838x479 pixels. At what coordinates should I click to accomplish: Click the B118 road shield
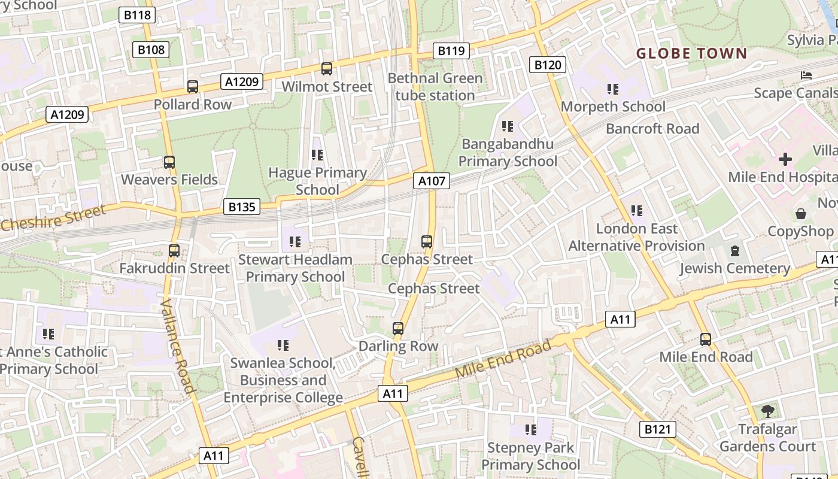coord(137,15)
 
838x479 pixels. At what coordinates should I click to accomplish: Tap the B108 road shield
coord(151,50)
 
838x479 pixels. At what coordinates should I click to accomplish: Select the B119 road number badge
coord(451,51)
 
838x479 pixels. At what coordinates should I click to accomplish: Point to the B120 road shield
coord(548,65)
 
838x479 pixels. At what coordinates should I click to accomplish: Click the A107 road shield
coord(431,181)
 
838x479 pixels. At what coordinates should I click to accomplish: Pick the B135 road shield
coord(242,207)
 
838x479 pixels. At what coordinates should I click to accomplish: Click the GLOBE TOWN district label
coord(691,53)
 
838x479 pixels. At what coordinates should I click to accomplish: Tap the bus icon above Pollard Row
coord(193,87)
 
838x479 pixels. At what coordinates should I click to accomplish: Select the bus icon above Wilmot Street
coord(327,69)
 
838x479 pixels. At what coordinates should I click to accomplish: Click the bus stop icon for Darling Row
coord(398,328)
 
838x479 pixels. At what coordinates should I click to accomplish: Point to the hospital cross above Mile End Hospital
coord(785,159)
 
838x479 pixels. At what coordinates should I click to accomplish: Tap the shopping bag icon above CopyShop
coord(800,214)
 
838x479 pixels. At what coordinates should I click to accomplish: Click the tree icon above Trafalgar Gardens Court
coord(767,411)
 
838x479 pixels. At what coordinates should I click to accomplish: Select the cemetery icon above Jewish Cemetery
coord(735,251)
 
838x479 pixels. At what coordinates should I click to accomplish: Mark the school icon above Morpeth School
coord(612,89)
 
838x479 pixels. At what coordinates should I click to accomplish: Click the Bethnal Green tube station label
coord(435,87)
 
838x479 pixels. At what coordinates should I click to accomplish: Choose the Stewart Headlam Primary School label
coord(295,268)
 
